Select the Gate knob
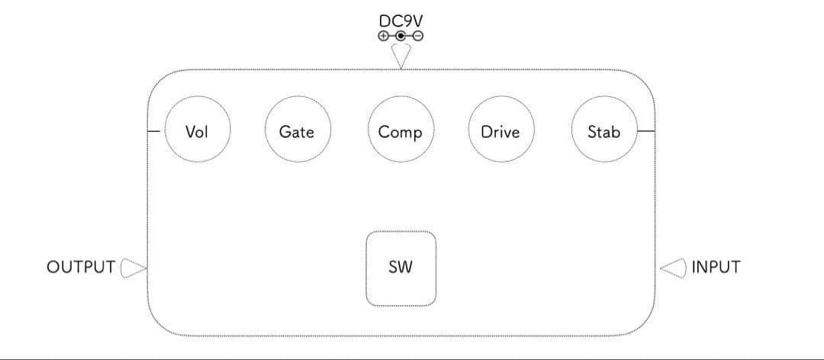click(297, 131)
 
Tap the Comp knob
click(401, 131)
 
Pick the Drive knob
click(501, 131)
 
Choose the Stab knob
click(604, 131)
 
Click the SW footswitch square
click(401, 268)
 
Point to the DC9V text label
click(401, 21)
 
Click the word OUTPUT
click(81, 267)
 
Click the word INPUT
click(716, 267)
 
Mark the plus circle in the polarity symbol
click(383, 35)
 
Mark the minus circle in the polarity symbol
click(418, 35)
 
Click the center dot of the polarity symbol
click(401, 35)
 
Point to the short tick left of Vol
click(154, 131)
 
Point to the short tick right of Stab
click(645, 131)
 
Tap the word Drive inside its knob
click(501, 132)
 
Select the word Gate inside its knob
click(297, 132)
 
